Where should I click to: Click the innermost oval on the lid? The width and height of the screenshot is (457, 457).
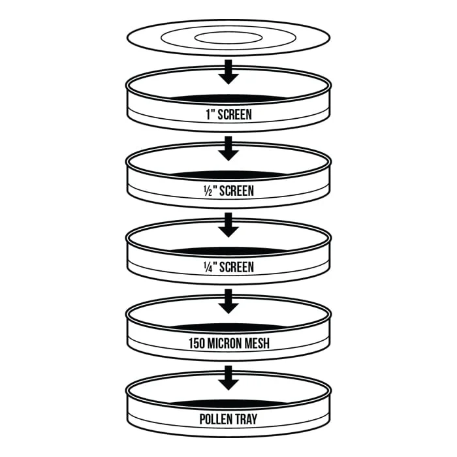[228, 32]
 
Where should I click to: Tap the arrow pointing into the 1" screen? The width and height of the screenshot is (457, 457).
[228, 72]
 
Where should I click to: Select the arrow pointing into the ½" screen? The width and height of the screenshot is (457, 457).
[228, 149]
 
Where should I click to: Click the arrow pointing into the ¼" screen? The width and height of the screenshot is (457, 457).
[228, 225]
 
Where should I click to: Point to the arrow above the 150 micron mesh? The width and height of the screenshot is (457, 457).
[228, 302]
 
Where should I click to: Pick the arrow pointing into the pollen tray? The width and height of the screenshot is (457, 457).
[228, 378]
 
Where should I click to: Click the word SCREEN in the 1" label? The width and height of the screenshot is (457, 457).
[234, 114]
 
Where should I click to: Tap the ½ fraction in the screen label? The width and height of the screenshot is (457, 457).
[208, 191]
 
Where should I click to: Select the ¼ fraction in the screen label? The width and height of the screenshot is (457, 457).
[208, 267]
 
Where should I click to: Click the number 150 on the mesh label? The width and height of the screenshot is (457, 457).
[197, 343]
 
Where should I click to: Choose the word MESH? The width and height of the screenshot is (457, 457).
[257, 343]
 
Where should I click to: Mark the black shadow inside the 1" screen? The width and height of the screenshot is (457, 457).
[228, 99]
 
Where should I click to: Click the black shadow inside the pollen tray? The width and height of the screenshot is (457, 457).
[228, 403]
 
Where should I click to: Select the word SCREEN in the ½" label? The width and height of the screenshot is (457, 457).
[236, 191]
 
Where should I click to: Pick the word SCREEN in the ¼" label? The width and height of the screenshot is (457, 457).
[236, 267]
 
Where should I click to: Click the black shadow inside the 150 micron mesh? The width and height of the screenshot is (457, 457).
[228, 327]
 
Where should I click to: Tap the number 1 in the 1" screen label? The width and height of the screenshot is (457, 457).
[208, 114]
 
